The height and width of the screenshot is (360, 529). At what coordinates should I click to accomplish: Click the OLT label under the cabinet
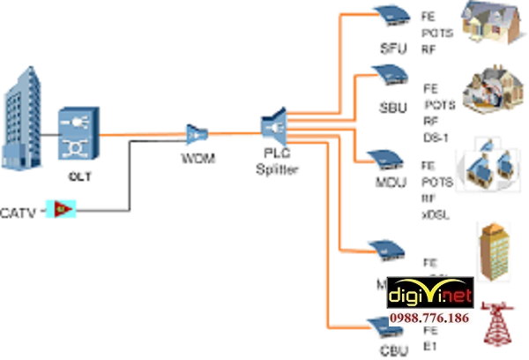tap(80, 176)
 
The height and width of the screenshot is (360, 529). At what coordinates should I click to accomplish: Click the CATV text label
tap(19, 212)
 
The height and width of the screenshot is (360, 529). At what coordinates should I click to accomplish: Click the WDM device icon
tap(195, 133)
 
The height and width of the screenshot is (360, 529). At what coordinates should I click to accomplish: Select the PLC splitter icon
tap(274, 126)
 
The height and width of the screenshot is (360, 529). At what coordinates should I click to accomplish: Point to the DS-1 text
tap(436, 137)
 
